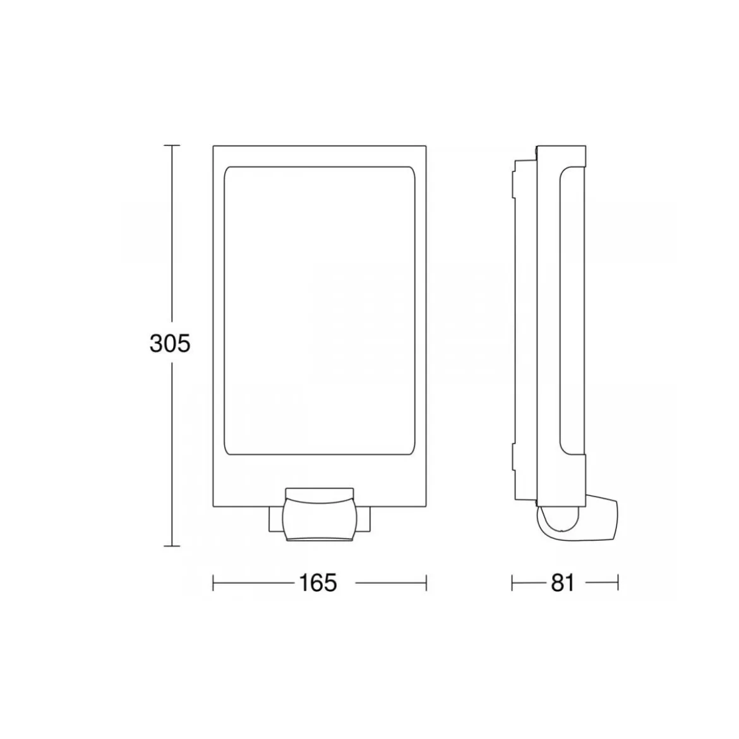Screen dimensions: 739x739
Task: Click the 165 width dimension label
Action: click(318, 583)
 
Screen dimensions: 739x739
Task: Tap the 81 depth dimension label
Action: click(563, 583)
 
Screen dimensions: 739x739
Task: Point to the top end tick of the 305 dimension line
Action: click(172, 146)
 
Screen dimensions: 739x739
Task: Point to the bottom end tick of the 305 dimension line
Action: click(172, 546)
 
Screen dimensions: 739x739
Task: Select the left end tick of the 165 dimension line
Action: click(213, 583)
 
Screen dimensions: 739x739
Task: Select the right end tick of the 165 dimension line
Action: click(426, 583)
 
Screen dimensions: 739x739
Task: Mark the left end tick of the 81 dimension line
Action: click(512, 583)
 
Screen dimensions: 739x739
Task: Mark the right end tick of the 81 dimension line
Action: click(617, 583)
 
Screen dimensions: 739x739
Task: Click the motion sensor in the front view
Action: click(320, 514)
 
